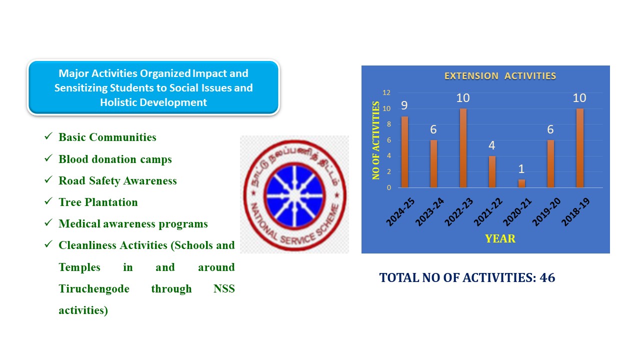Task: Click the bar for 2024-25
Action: click(404, 152)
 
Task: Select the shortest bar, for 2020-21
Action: click(521, 183)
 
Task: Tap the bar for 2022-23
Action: click(463, 148)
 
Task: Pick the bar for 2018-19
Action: click(579, 148)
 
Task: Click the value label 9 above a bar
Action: click(404, 105)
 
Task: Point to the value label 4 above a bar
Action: click(491, 145)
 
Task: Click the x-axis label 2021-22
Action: click(488, 211)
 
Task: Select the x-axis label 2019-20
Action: click(546, 211)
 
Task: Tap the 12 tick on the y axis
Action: click(386, 92)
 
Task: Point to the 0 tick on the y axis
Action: click(389, 187)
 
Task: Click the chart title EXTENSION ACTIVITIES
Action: click(500, 76)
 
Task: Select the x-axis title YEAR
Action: click(500, 238)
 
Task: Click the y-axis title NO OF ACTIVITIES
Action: click(375, 140)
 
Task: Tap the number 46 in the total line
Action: click(547, 277)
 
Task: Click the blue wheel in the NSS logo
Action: click(294, 196)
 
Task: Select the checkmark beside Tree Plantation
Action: click(48, 201)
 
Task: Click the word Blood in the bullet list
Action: click(73, 159)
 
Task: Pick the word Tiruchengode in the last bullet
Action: click(94, 289)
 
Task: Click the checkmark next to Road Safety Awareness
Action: click(48, 179)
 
